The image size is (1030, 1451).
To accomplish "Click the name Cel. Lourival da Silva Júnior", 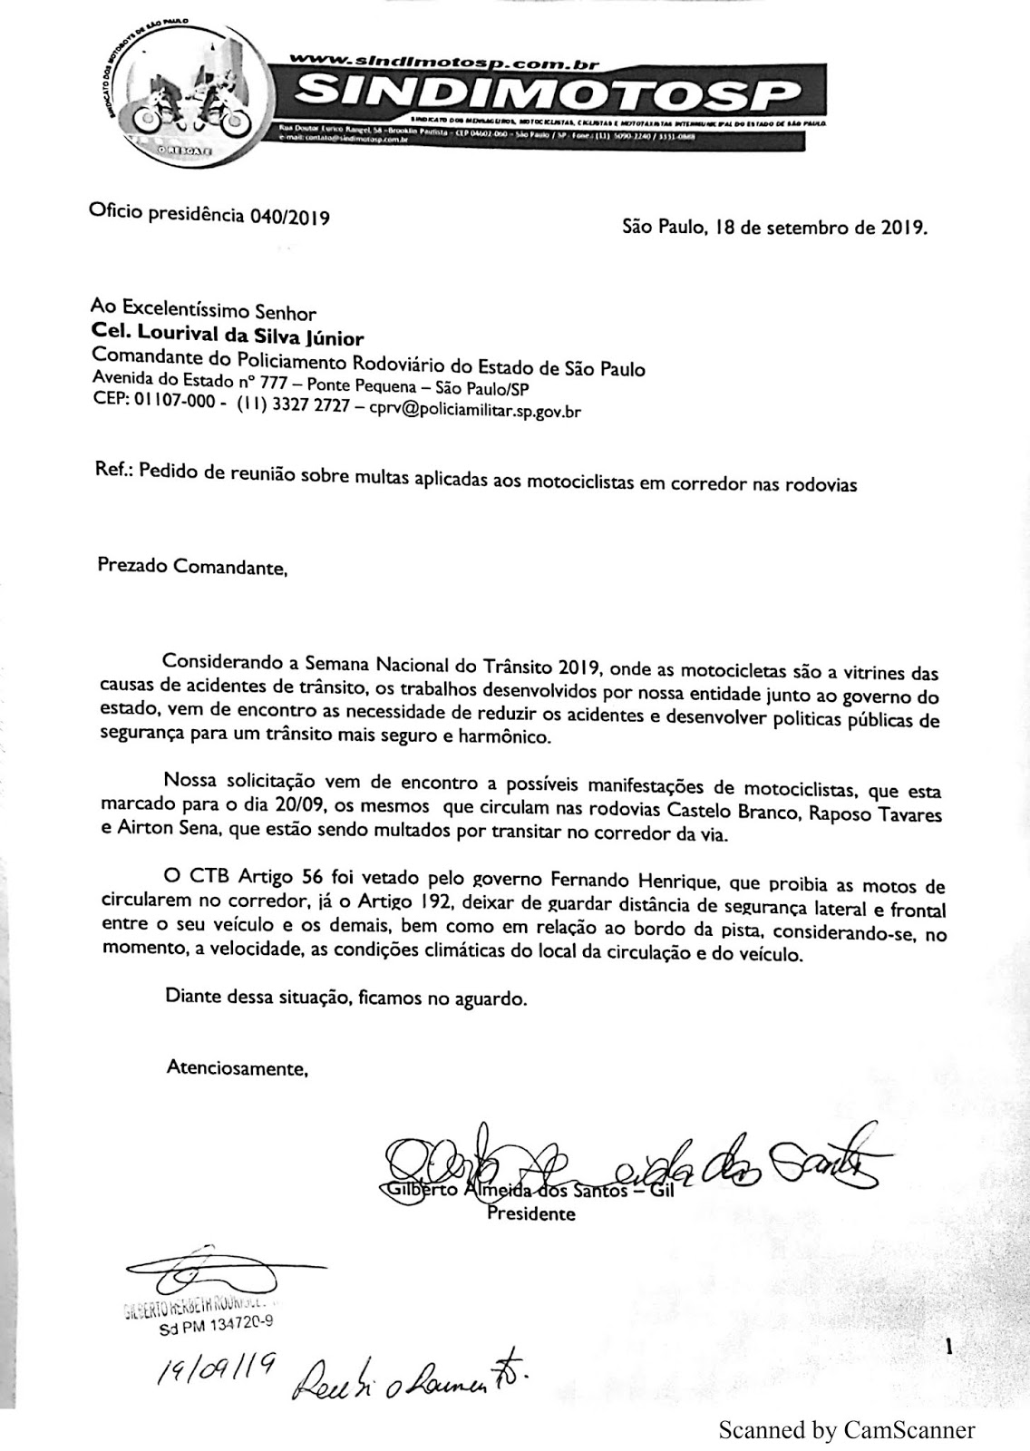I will pyautogui.click(x=227, y=338).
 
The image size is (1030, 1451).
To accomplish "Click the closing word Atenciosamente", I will pyautogui.click(x=238, y=1067).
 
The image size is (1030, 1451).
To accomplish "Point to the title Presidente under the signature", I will pyautogui.click(x=531, y=1213).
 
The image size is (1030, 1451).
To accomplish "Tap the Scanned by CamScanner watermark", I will pyautogui.click(x=846, y=1430).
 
